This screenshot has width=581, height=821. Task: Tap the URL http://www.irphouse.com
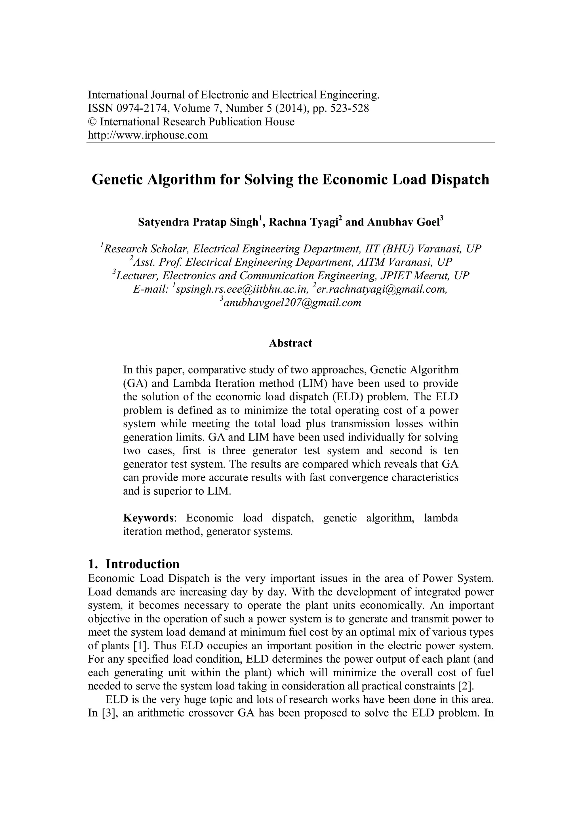point(148,135)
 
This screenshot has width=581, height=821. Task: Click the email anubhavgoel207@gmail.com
point(292,303)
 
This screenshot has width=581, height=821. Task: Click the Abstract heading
point(290,343)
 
